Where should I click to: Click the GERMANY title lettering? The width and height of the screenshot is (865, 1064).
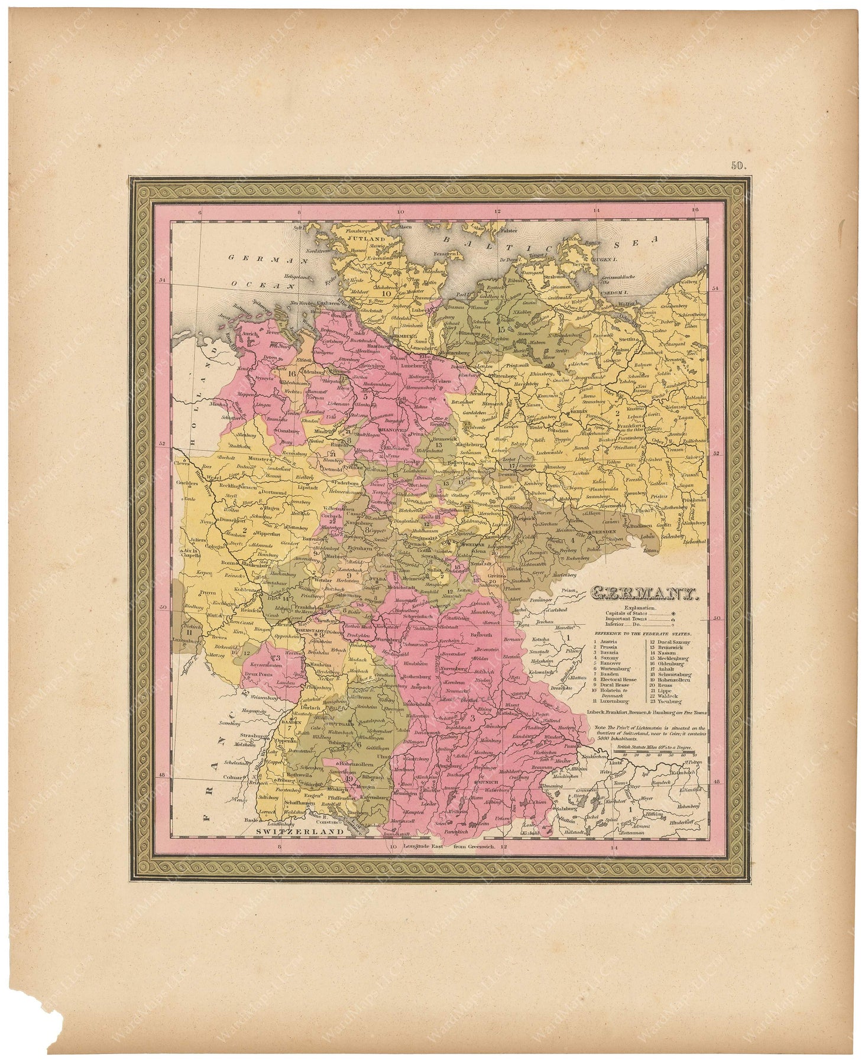tap(644, 593)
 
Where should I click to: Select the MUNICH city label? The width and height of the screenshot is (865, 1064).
tap(488, 781)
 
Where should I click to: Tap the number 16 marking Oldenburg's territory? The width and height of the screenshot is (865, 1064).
tap(291, 374)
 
